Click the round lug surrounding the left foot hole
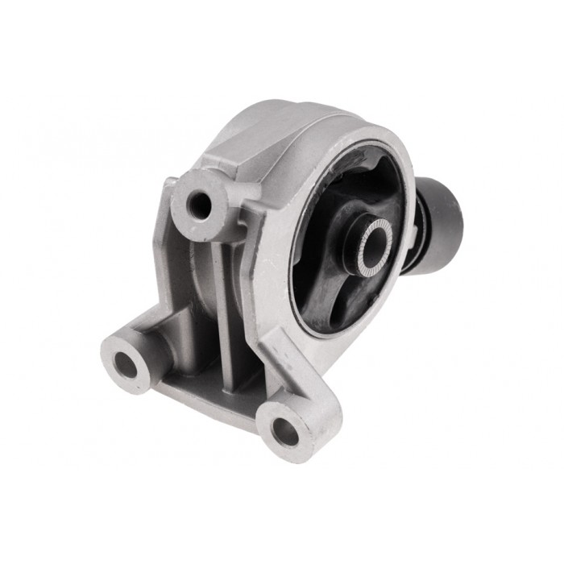tap(113, 355)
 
